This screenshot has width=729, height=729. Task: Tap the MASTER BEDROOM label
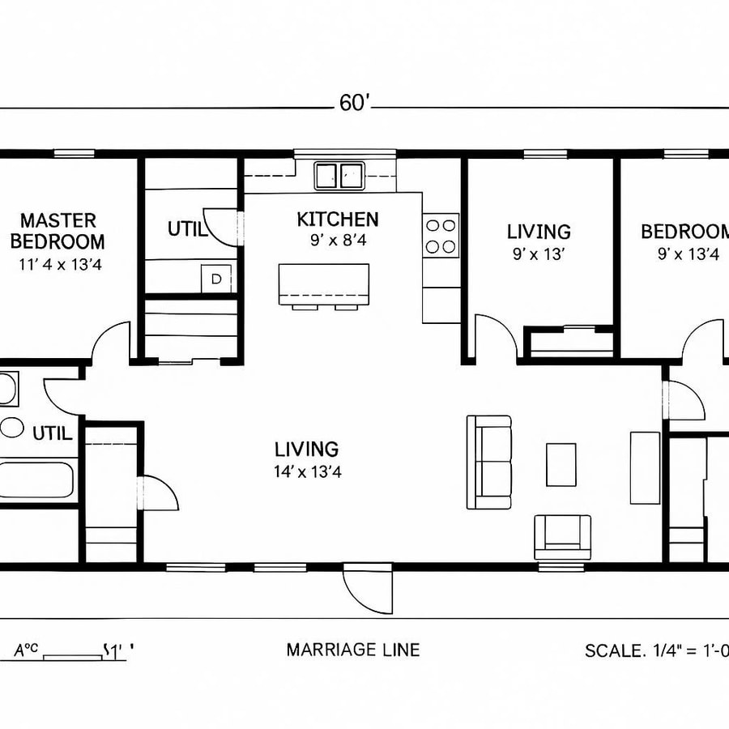pos(62,231)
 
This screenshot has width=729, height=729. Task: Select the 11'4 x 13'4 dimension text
pos(62,264)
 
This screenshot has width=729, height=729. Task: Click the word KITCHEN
pos(337,220)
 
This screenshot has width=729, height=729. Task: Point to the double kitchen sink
pos(339,173)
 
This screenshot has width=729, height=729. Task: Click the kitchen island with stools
pos(324,286)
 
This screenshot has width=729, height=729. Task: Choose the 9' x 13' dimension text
pos(539,254)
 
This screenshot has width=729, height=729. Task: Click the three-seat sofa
pos(489,462)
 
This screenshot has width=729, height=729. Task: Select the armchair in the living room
pos(562,535)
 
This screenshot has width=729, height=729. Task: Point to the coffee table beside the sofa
pos(561,464)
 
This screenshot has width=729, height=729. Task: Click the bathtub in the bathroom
pos(36,479)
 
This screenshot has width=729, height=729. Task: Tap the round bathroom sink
pos(11,427)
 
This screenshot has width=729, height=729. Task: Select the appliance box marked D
pos(215,278)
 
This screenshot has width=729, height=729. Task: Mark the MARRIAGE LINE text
pos(353,650)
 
